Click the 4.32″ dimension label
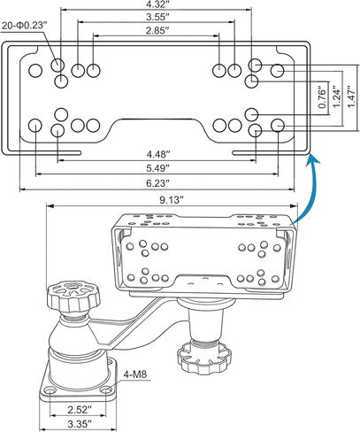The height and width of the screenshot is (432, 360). (157, 4)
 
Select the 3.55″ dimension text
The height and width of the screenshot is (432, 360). (157, 17)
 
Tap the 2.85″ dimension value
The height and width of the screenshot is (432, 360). (157, 31)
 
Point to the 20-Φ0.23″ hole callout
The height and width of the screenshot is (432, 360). (25, 26)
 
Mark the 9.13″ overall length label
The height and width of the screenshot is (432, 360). (172, 200)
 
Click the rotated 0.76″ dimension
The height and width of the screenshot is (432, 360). (323, 96)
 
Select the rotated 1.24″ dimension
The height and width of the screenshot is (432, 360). (337, 96)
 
